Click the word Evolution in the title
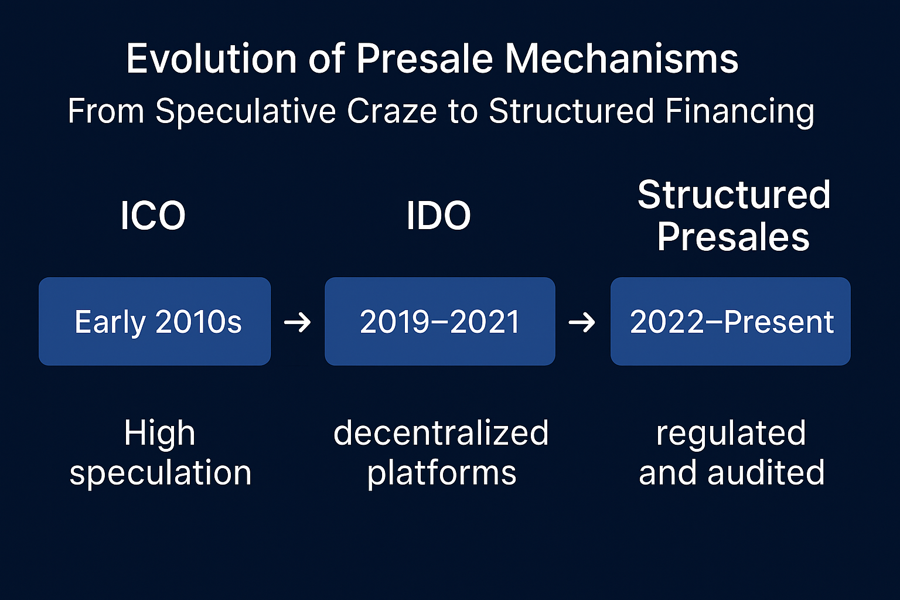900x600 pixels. click(212, 59)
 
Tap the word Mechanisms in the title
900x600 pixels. click(621, 59)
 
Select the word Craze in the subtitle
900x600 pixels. click(392, 111)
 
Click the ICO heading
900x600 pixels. click(153, 216)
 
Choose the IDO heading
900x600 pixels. click(438, 216)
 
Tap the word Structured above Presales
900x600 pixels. click(734, 195)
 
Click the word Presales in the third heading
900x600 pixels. click(733, 237)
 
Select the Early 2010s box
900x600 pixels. click(155, 321)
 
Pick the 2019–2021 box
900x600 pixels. click(440, 321)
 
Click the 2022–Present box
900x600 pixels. click(731, 321)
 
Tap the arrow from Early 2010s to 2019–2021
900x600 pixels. click(297, 322)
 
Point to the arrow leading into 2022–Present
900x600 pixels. click(582, 322)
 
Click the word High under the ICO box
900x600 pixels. click(159, 433)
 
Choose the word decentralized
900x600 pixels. click(441, 433)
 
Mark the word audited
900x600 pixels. click(766, 473)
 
